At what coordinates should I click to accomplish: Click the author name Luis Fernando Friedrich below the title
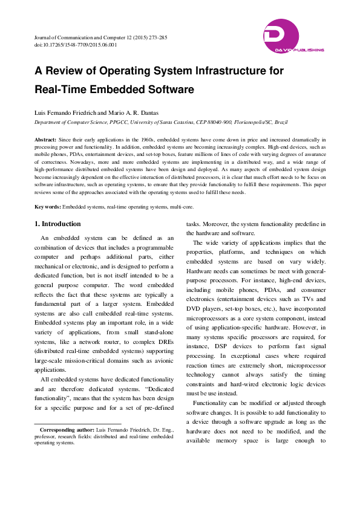coord(63,113)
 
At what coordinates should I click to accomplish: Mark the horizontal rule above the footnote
coord(77,424)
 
